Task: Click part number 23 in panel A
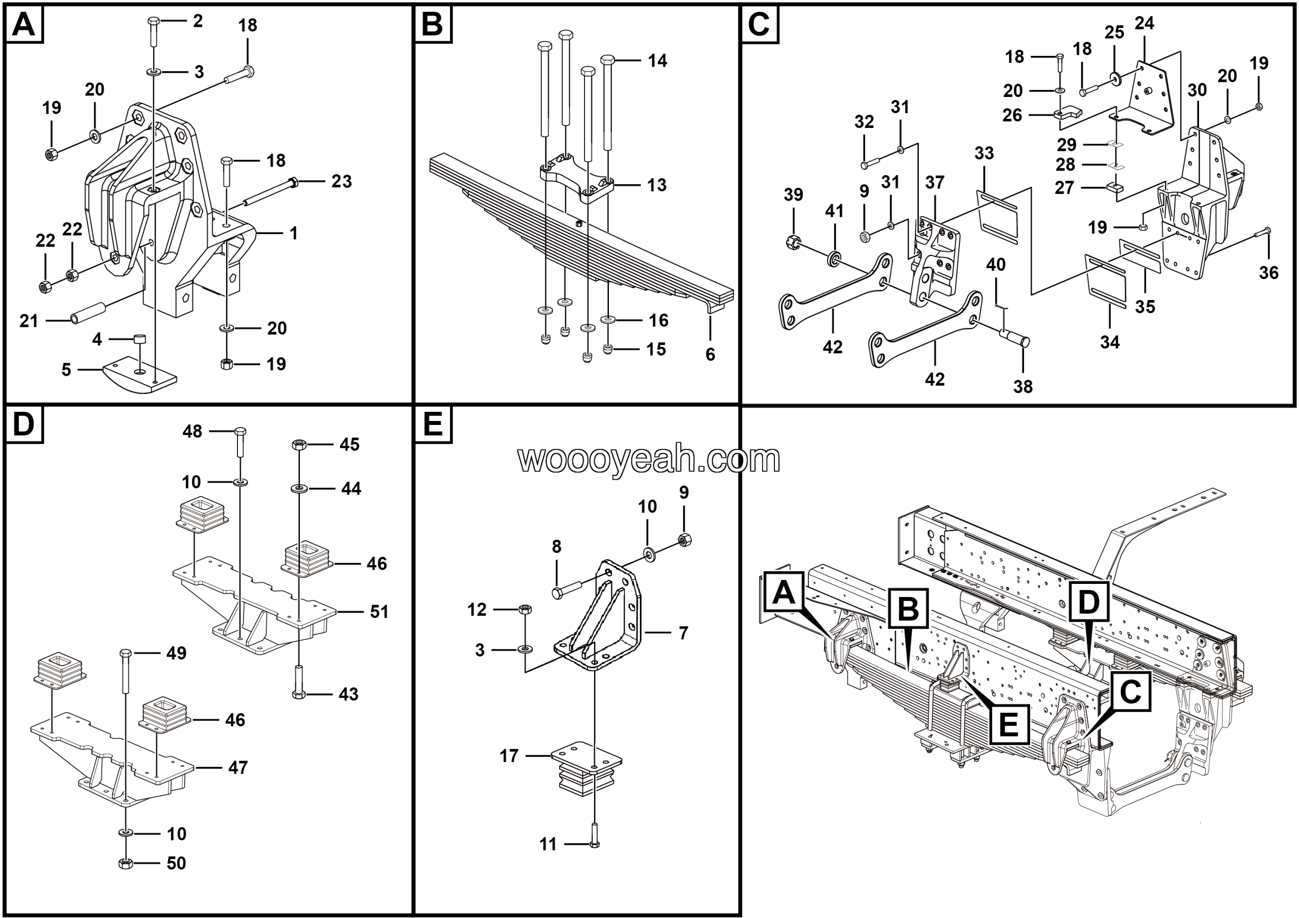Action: coord(341,181)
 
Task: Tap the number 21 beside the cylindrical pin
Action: coord(28,321)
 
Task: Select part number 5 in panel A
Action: coord(66,370)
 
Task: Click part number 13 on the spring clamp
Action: coord(656,185)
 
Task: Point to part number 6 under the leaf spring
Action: coord(710,354)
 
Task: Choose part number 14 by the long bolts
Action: coord(658,60)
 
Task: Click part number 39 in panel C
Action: coord(793,194)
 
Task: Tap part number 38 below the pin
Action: coord(1023,386)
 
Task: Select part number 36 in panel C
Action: coord(1269,273)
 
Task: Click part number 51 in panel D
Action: coord(379,611)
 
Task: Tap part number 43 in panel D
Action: coord(349,694)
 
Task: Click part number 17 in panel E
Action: coord(508,756)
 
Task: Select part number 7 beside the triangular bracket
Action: coord(683,633)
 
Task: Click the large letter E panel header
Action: coord(433,424)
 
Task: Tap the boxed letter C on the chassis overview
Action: coord(1130,691)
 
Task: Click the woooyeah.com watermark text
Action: coord(649,459)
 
